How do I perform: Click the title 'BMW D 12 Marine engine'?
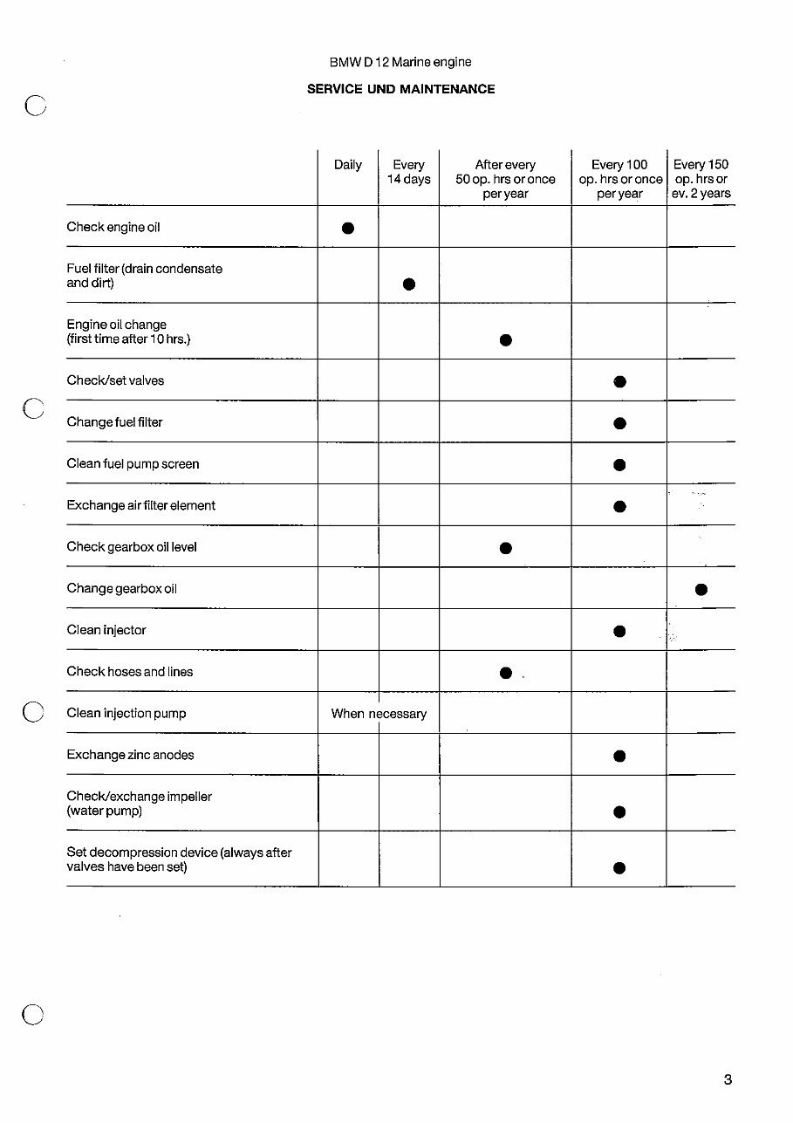[400, 63]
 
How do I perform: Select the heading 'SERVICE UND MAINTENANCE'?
[400, 89]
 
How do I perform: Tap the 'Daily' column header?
[347, 165]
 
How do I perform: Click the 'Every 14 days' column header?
[408, 172]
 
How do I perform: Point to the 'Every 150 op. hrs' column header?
[701, 179]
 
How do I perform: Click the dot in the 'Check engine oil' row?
[347, 229]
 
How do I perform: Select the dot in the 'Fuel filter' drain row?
[408, 284]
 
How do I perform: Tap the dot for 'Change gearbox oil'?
[701, 590]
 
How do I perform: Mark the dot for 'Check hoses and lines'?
[505, 673]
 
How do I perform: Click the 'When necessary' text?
[379, 714]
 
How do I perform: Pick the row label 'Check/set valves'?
[115, 380]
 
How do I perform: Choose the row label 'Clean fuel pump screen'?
[133, 464]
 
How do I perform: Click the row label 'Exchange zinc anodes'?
[130, 755]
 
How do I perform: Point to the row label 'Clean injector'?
[106, 630]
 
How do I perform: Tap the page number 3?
[728, 1080]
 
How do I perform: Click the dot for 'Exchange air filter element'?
[619, 506]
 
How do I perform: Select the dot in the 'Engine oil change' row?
[505, 339]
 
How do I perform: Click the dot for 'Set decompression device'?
[619, 867]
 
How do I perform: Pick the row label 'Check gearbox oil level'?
[132, 547]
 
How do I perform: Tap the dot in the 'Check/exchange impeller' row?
[619, 811]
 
